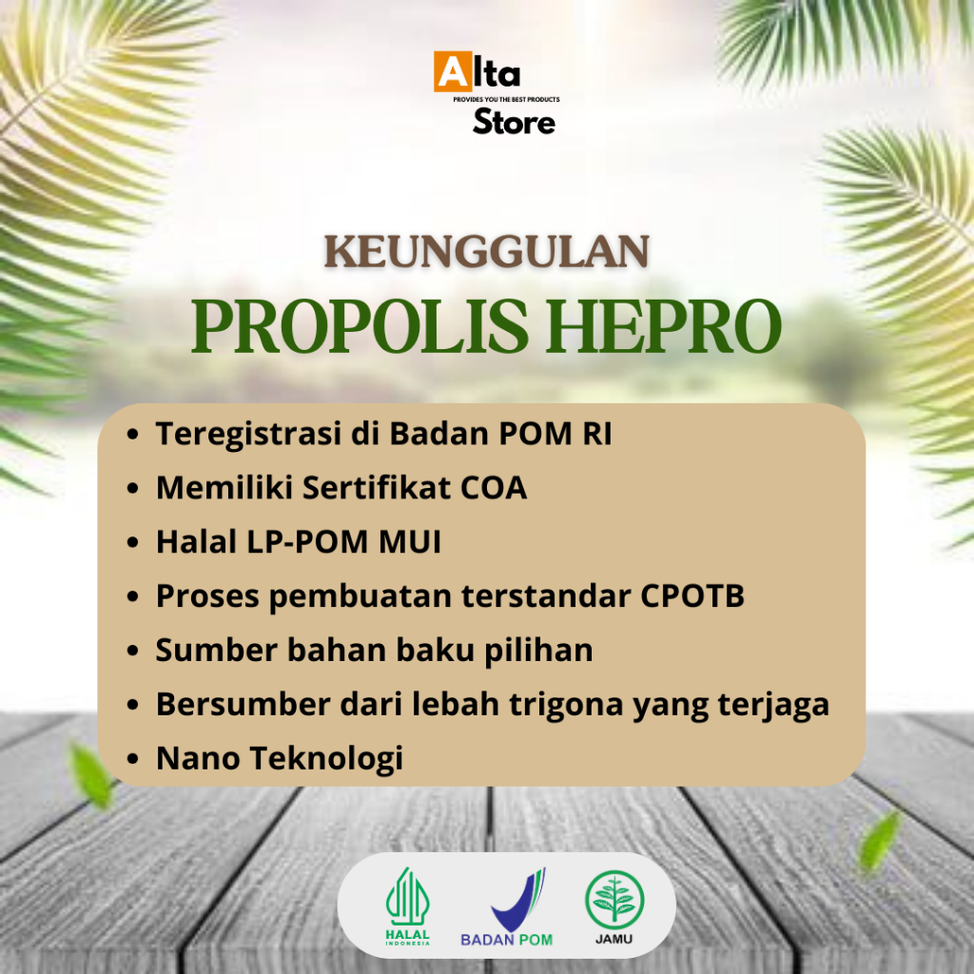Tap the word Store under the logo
point(514,123)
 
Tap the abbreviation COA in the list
point(494,488)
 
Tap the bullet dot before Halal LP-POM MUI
point(134,543)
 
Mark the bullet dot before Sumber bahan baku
point(134,652)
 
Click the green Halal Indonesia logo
point(408,907)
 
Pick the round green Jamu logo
point(614,904)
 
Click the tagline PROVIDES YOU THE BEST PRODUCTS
point(506,99)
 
